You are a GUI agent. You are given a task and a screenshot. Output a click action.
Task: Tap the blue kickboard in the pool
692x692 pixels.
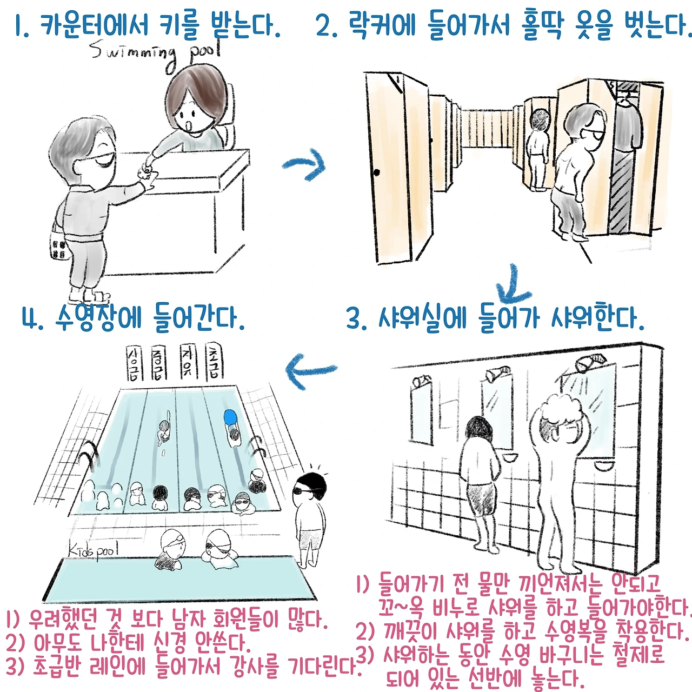coord(230,418)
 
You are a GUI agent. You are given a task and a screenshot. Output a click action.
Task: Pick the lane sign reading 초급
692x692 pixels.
coord(214,361)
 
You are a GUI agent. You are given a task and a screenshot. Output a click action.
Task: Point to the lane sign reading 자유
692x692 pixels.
coord(188,362)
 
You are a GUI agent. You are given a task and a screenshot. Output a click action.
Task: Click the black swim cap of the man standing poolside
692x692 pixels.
coord(312,483)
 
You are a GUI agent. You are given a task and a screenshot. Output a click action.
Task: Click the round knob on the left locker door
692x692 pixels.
coord(376,173)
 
